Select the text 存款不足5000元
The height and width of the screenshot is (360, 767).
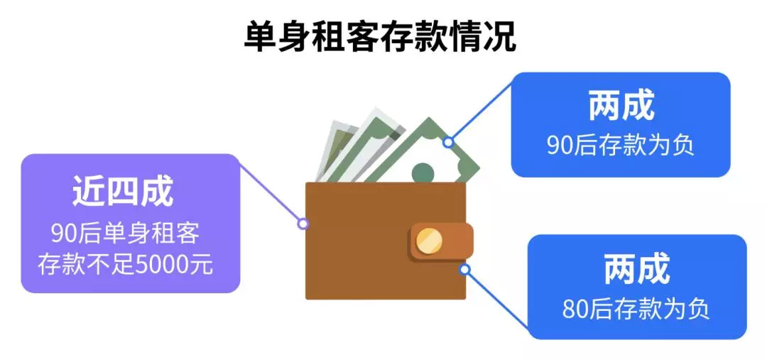coord(125,265)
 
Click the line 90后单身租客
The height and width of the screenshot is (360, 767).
coord(125,233)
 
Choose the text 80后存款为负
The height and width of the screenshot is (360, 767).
coord(636,310)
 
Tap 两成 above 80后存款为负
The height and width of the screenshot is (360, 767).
coord(636,271)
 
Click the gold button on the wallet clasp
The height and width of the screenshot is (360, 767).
coord(429,241)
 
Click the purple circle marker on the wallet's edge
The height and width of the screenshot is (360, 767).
coord(303,224)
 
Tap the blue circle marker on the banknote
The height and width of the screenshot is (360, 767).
coord(448,143)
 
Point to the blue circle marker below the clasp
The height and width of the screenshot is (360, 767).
coord(464,269)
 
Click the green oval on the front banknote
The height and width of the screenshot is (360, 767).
coord(423,171)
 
